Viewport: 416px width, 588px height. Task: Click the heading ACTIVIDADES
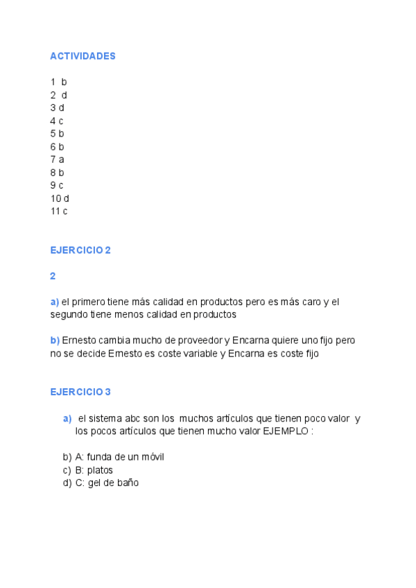pos(83,56)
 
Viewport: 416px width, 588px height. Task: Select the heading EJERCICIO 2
pos(80,250)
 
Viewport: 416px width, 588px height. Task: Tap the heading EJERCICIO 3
pos(80,392)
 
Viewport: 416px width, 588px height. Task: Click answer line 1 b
pos(58,82)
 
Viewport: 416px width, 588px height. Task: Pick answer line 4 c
pos(57,121)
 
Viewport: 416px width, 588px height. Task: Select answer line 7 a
pos(57,159)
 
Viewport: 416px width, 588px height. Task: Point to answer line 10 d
pos(60,198)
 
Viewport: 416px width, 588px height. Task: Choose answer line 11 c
pos(59,211)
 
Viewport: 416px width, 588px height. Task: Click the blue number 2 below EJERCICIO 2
pos(53,276)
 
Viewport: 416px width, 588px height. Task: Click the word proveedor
pos(198,340)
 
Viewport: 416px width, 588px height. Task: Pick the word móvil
pos(151,457)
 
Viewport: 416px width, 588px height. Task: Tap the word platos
pos(100,470)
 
